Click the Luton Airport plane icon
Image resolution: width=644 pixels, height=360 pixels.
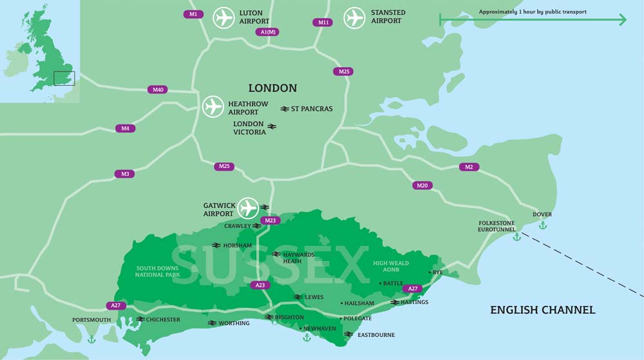coord(224,17)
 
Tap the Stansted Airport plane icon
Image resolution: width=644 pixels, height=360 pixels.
coord(354,17)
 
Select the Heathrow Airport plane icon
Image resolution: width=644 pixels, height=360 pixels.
coord(213,106)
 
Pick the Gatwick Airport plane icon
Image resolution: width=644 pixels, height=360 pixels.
coord(248,208)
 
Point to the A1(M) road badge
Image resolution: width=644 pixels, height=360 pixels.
coord(267,32)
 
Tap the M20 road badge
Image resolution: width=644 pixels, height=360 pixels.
coord(422,185)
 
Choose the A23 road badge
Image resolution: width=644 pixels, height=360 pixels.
coord(260,285)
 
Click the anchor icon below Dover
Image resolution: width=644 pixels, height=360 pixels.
coord(542,225)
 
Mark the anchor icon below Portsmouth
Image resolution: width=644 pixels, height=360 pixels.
coord(91,339)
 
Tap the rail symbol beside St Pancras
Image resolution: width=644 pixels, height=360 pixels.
coord(285,109)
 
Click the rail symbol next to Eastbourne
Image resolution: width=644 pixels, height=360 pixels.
coord(348,335)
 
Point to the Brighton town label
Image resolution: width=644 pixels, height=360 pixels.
coord(289,317)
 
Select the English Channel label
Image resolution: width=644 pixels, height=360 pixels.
coord(542,310)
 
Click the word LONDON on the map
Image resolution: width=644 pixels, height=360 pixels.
coord(272,88)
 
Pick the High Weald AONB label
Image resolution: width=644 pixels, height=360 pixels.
coord(390,267)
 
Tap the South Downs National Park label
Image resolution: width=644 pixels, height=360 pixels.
coord(156,271)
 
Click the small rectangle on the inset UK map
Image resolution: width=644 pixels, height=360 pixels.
coord(64,79)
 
